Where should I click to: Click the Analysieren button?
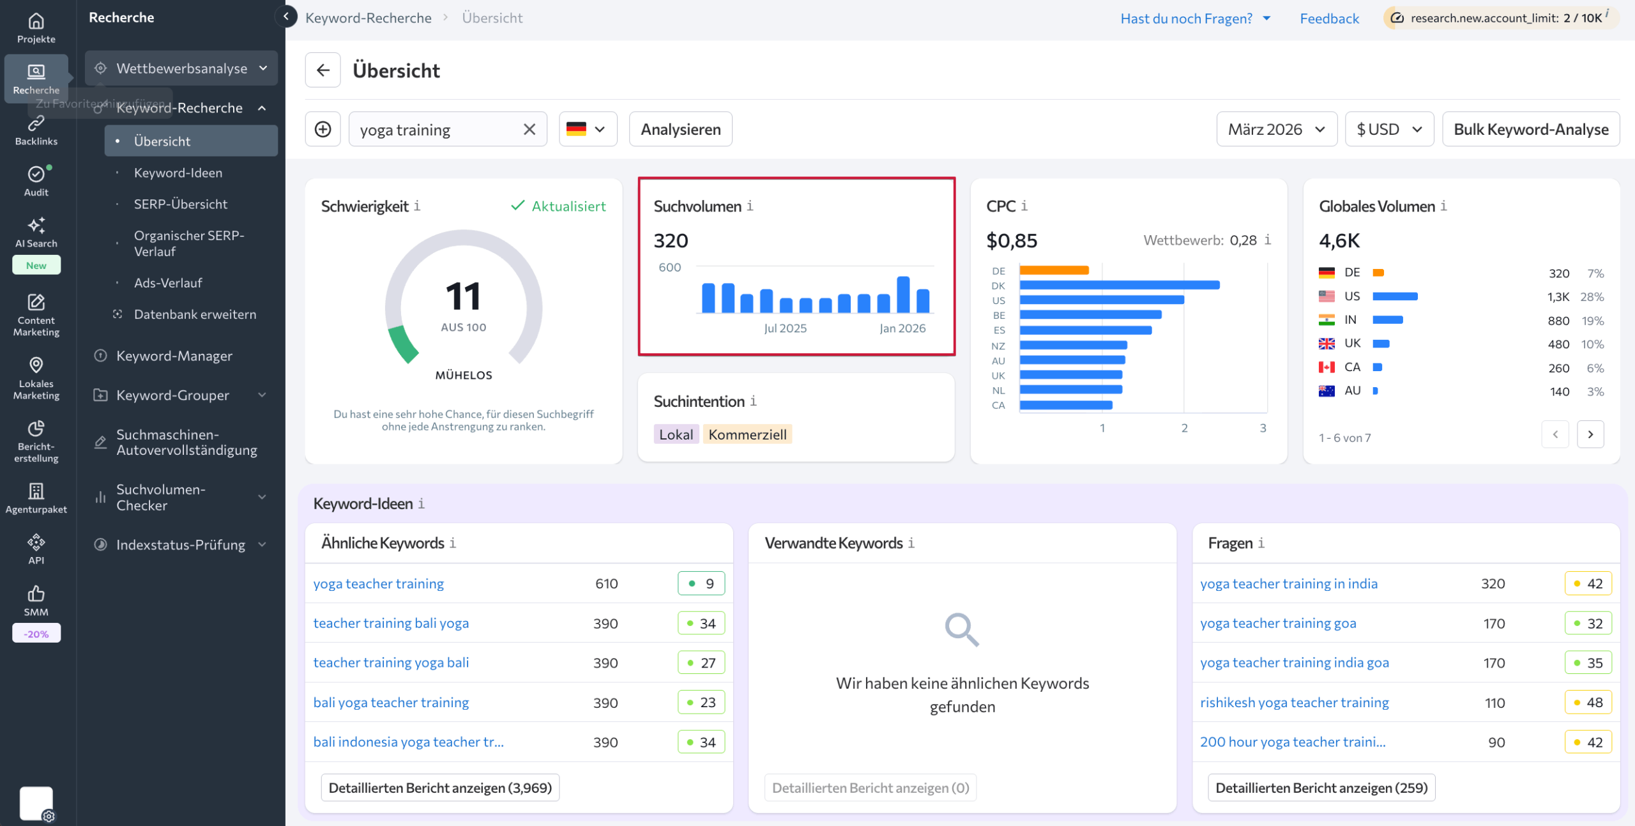[680, 129]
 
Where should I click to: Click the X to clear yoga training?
[529, 129]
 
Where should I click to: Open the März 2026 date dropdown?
[1276, 129]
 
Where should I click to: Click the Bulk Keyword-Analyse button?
[1530, 129]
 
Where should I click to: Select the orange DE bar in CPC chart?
[1054, 271]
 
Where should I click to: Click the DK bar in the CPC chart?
[1119, 286]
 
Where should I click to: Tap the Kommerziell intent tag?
[747, 434]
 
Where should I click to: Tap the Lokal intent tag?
[676, 434]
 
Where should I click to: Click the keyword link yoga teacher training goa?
[1277, 623]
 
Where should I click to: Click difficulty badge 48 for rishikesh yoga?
[1588, 702]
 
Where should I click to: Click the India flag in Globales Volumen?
[1327, 320]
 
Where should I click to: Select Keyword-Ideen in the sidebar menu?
[178, 172]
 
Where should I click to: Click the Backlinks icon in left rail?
[36, 130]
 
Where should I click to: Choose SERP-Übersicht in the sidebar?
[180, 204]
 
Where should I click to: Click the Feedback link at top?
[1329, 19]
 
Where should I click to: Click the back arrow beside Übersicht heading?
[323, 70]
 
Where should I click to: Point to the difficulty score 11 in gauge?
[463, 297]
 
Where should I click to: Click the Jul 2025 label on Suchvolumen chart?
[785, 328]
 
